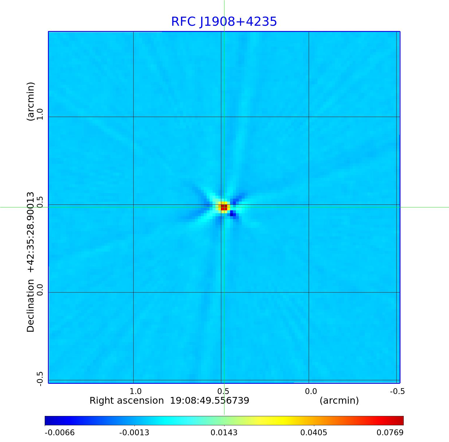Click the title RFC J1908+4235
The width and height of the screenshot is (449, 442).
point(224,22)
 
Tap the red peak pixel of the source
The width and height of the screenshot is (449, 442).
point(224,207)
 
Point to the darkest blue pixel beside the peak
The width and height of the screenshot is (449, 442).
point(233,214)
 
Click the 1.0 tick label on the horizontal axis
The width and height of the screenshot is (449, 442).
point(135,391)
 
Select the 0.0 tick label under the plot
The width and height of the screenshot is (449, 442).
point(311,391)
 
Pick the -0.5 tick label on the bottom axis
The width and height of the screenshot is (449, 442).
point(397,391)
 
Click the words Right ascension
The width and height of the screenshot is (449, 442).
point(127,400)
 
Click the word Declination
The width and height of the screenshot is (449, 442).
point(31,306)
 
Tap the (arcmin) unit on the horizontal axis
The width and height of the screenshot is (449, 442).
point(339,400)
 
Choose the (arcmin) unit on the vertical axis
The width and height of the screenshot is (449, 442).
point(31,101)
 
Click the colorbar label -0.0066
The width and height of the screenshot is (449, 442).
point(60,432)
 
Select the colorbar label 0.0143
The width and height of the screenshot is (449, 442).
point(224,432)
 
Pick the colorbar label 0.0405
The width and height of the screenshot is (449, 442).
point(314,432)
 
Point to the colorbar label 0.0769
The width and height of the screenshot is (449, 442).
point(390,432)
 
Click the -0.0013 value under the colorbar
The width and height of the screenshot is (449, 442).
point(134,432)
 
